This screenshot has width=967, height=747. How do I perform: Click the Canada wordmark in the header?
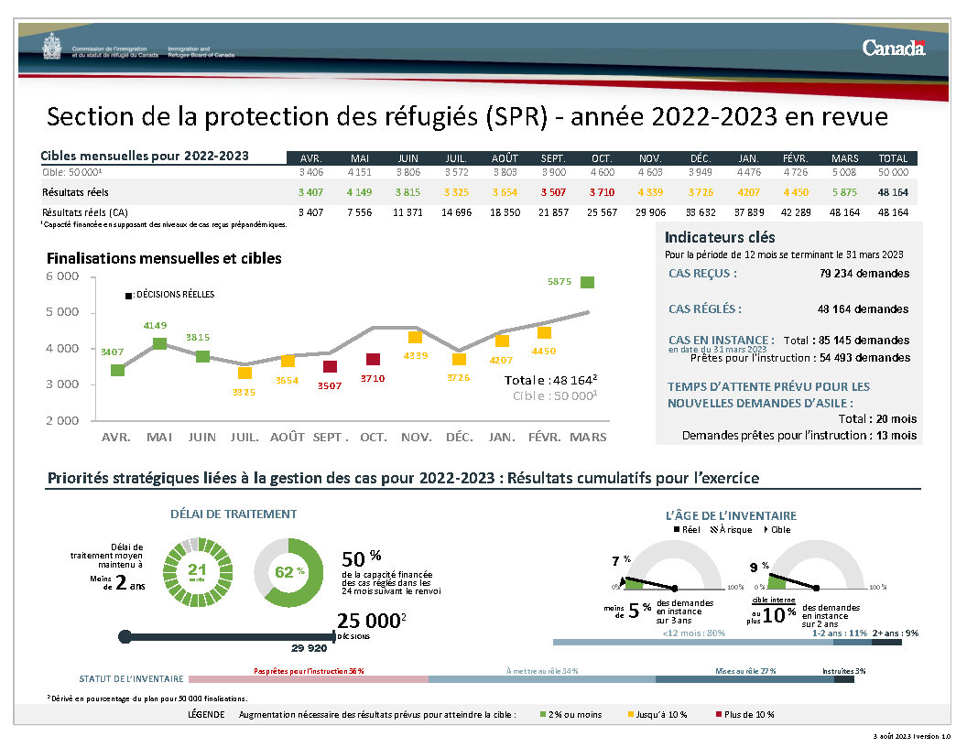(893, 48)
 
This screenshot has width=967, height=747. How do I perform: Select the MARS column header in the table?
(844, 158)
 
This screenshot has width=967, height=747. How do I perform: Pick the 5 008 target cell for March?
(844, 172)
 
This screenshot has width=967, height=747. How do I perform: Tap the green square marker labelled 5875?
(587, 283)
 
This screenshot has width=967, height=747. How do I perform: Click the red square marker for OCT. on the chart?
(373, 360)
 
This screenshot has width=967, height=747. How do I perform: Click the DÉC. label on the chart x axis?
(459, 438)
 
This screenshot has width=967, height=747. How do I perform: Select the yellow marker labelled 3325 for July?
(244, 373)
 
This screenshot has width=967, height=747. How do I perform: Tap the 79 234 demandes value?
(864, 274)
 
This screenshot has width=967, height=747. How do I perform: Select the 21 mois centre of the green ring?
(197, 572)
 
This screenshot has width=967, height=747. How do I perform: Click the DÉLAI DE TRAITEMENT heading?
(234, 514)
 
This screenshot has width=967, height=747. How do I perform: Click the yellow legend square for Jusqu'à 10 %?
(630, 714)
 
